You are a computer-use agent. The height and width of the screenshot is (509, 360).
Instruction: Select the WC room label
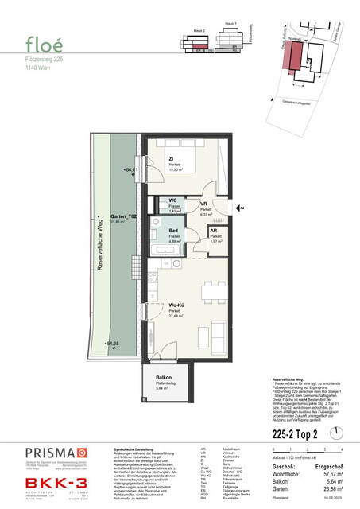coord(172,200)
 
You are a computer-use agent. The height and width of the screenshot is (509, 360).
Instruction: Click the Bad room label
coord(172,231)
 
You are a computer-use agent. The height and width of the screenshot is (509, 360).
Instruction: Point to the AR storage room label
coord(213,231)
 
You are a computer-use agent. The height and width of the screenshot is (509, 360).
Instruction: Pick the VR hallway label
coord(203,204)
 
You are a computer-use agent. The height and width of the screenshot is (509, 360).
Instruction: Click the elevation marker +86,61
coord(131,170)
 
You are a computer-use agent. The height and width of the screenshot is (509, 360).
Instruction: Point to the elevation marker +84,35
coord(131,344)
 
